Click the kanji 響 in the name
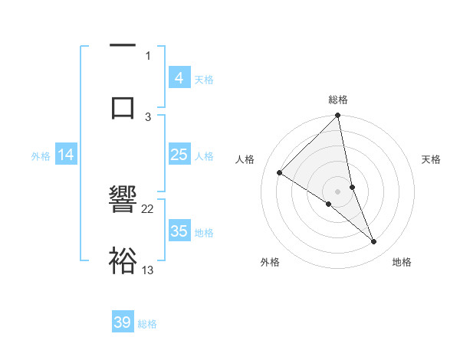(x=123, y=203)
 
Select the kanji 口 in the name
(x=123, y=106)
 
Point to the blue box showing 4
(x=179, y=77)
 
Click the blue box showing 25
(x=179, y=155)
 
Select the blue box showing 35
(x=179, y=231)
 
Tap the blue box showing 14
(x=66, y=155)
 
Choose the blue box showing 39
(x=123, y=322)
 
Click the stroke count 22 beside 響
(x=148, y=208)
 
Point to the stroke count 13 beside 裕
(x=148, y=270)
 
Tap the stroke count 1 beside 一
(x=148, y=55)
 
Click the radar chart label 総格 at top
(x=338, y=100)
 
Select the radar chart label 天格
(x=432, y=159)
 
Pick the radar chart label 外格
(x=270, y=262)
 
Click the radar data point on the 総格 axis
(x=338, y=116)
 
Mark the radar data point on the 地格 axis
(x=374, y=242)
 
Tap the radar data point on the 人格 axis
(x=280, y=172)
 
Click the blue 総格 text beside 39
(x=147, y=324)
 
